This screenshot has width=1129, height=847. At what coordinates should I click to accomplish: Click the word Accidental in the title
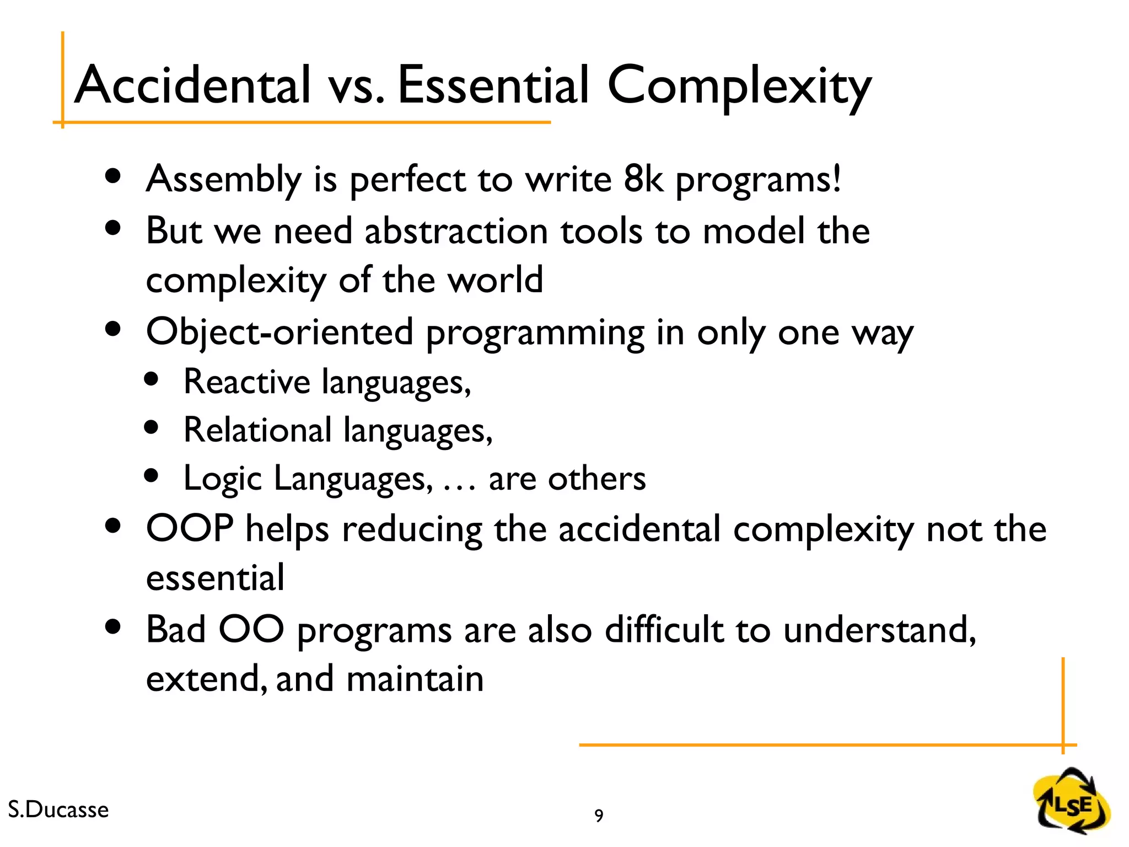point(192,85)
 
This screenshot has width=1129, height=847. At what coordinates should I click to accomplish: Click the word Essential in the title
point(493,85)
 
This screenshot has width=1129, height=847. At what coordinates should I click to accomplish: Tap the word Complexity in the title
point(739,87)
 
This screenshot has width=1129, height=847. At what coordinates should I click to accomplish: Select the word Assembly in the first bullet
point(223,180)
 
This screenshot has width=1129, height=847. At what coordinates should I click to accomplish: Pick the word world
point(494,280)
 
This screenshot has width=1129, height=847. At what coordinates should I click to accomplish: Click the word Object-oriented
point(279,333)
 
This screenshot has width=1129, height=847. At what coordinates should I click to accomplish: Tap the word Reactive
point(246,382)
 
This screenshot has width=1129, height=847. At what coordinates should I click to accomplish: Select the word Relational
point(257,430)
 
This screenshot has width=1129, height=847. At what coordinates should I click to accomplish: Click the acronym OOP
point(190,528)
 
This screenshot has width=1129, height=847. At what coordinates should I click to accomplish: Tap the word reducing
point(412,530)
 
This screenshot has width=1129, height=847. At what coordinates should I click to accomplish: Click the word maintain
point(415,679)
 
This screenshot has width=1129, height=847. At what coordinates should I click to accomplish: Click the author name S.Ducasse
point(58,810)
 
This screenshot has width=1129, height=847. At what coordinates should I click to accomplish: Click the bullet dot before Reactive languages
point(151,379)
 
